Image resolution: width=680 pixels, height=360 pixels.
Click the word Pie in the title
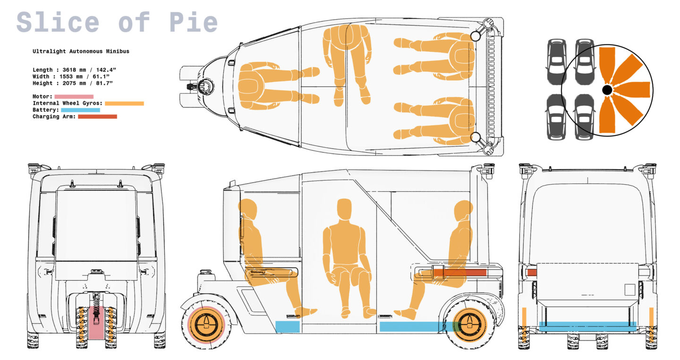(x=194, y=22)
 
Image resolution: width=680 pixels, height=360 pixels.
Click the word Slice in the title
(x=58, y=22)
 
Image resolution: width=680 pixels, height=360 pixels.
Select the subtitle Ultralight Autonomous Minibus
(x=81, y=51)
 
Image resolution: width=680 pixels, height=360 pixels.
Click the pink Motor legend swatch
(x=74, y=96)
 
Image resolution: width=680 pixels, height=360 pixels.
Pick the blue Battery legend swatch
(x=80, y=110)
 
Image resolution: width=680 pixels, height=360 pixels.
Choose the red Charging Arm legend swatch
(x=97, y=117)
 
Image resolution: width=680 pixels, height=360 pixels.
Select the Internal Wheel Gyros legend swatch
(x=124, y=103)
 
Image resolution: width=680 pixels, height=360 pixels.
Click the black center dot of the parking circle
(x=607, y=90)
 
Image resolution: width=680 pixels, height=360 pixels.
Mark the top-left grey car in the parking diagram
(x=556, y=62)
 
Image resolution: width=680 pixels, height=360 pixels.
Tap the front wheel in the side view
(x=206, y=325)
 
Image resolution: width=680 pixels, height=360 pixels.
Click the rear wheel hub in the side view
(x=469, y=325)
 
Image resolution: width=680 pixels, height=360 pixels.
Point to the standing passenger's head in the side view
(x=344, y=209)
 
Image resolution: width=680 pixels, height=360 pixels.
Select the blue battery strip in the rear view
(x=587, y=326)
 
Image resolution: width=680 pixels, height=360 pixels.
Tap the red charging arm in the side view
(x=459, y=272)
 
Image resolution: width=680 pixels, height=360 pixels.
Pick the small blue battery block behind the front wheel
(x=287, y=326)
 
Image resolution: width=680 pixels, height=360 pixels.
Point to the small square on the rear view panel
(x=629, y=290)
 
